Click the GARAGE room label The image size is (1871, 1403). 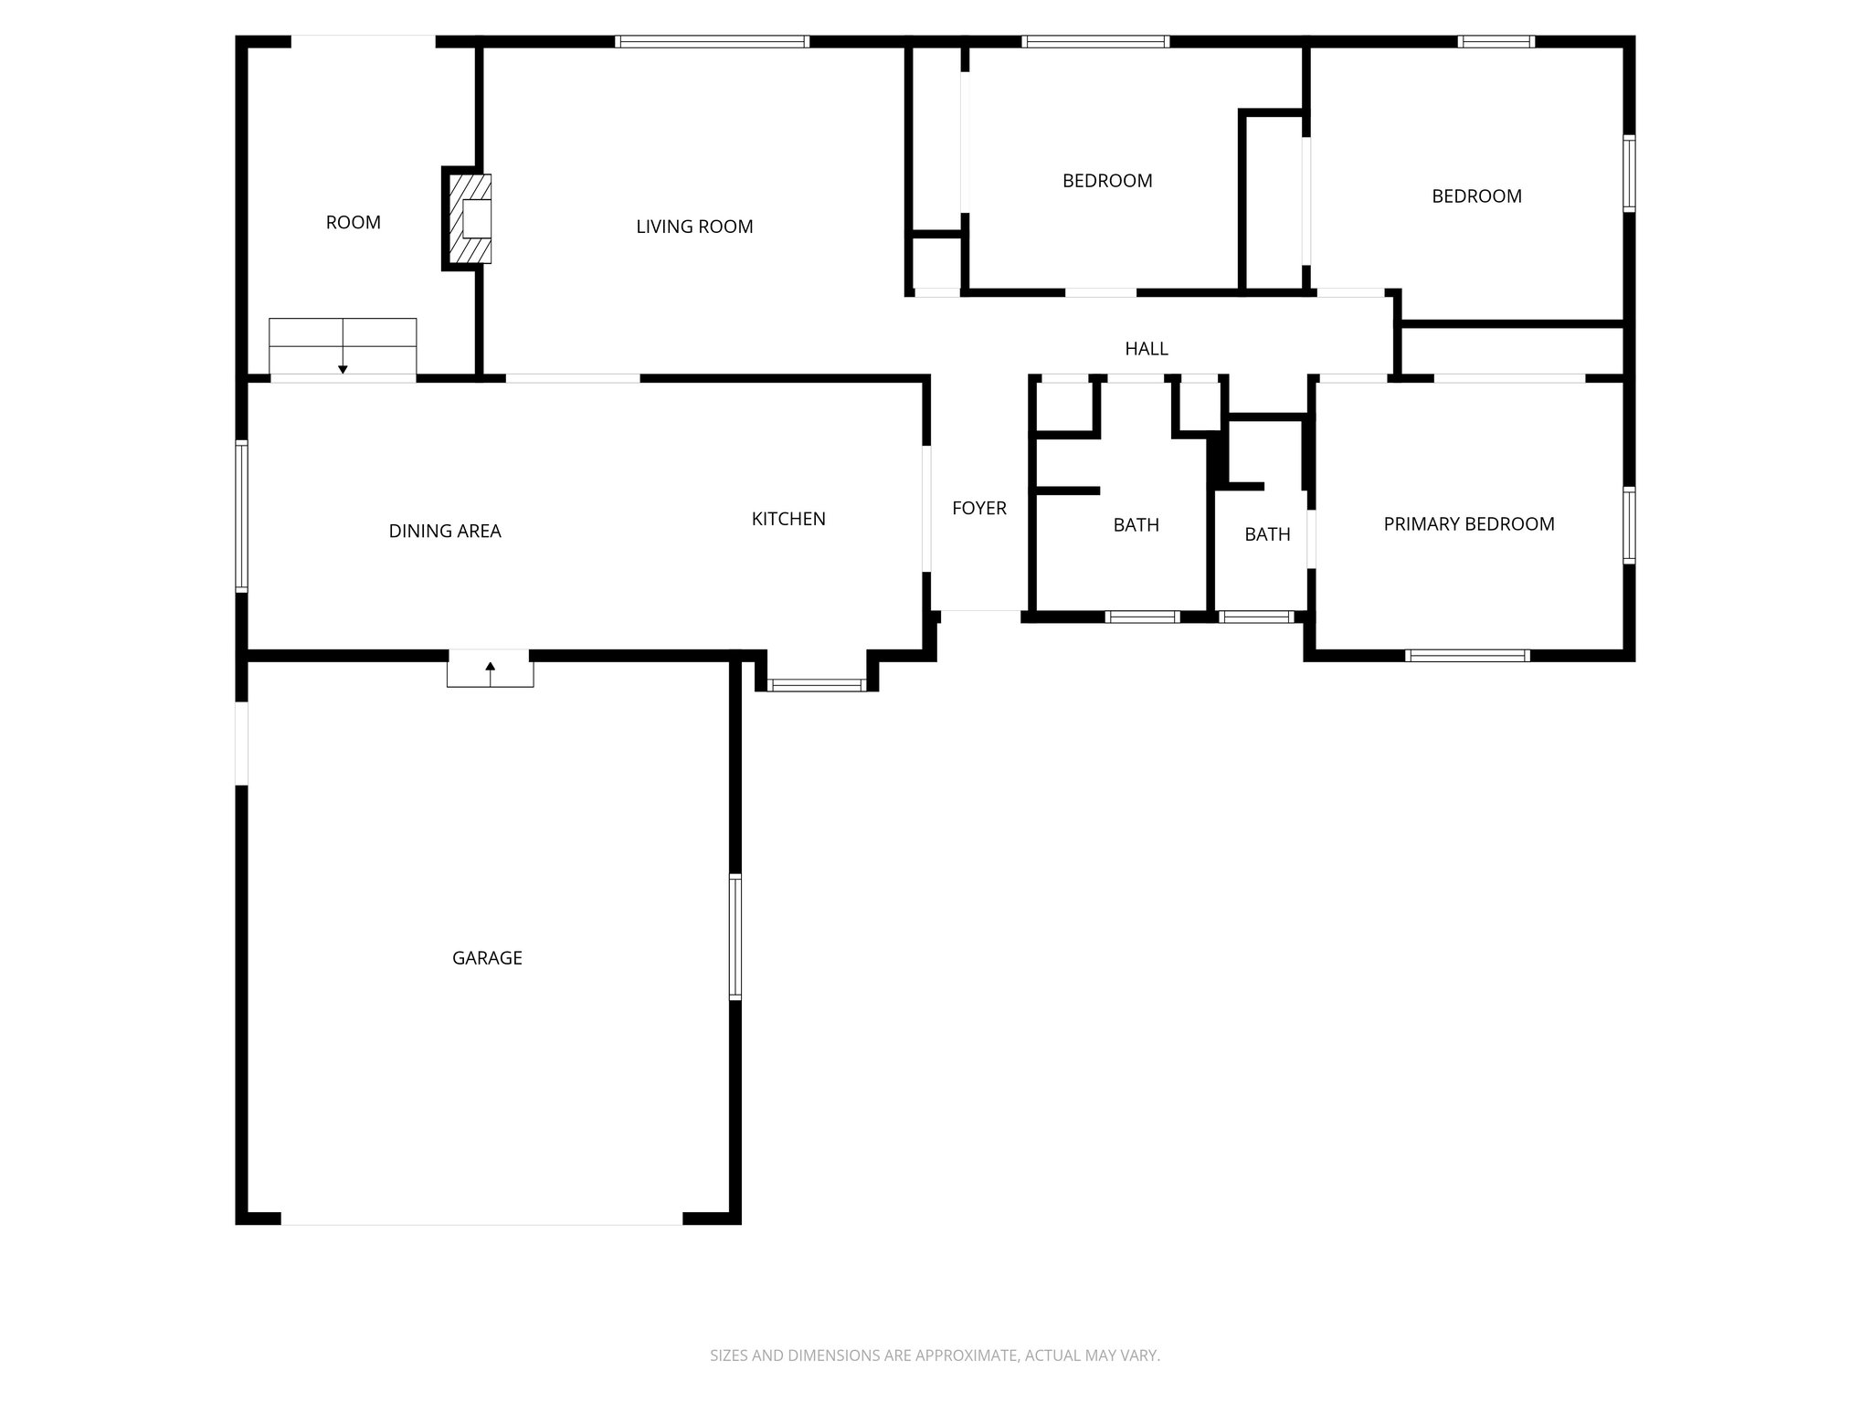pos(487,958)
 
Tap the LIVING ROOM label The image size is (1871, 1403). pos(694,227)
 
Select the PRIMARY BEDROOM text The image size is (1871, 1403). pos(1468,524)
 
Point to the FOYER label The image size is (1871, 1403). pos(978,509)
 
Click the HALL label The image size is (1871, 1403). pos(1146,349)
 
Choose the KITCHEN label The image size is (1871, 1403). pos(788,519)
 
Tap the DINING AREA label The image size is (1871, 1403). pos(445,532)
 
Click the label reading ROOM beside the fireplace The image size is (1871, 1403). pos(353,223)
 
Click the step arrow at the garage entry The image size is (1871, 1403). pos(490,671)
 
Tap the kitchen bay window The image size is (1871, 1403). pos(816,685)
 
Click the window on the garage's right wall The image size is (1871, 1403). pos(735,936)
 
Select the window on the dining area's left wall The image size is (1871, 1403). pos(241,516)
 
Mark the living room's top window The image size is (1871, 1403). pos(712,41)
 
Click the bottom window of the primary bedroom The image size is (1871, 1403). pos(1467,655)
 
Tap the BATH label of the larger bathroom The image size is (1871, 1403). pos(1136,525)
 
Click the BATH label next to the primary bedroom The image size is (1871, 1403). pos(1267,534)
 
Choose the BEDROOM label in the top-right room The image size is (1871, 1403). pos(1476,196)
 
